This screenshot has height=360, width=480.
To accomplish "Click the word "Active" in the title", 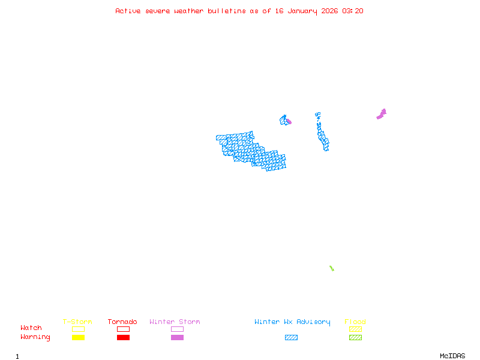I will (128, 11).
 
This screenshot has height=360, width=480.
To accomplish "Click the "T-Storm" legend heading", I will (77, 322).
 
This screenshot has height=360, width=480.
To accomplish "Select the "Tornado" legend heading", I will (122, 322).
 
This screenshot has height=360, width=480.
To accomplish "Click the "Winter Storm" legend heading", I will (175, 322).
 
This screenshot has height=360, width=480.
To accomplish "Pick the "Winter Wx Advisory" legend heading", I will (292, 322).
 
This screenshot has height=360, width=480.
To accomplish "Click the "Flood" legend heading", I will (355, 322).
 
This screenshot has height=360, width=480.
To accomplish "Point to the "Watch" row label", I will (31, 328).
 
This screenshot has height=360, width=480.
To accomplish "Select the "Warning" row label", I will (35, 337).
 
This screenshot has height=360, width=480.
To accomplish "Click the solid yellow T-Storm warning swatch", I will (78, 337).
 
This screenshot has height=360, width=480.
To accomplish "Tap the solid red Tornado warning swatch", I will (123, 337).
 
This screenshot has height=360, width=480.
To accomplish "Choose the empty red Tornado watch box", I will (123, 329).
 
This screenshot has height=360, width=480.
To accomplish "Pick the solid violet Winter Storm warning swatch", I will (177, 337).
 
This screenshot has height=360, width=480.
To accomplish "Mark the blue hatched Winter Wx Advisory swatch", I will (291, 337).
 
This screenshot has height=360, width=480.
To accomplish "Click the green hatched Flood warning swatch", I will (355, 337).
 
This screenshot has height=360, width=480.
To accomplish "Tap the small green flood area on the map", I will (331, 268).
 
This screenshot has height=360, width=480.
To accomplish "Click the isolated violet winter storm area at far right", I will (382, 113).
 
